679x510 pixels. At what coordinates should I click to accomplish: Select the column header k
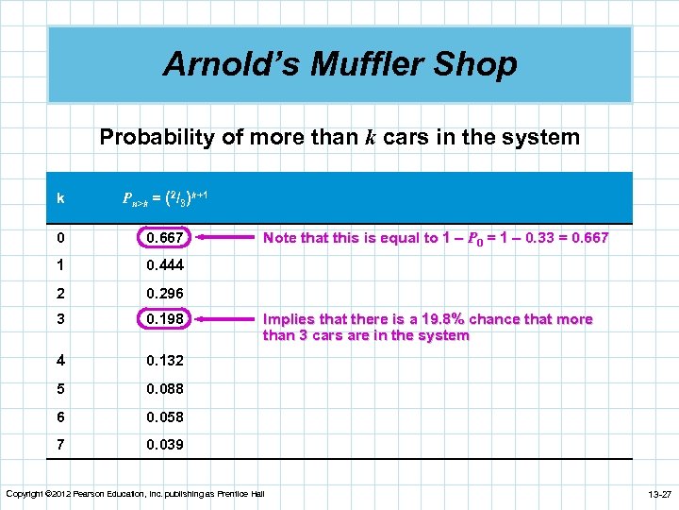pyautogui.click(x=60, y=198)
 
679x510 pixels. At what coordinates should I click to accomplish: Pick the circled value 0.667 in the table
pyautogui.click(x=165, y=238)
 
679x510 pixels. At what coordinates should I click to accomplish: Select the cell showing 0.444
pyautogui.click(x=165, y=265)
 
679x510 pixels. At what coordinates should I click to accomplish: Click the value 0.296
pyautogui.click(x=165, y=293)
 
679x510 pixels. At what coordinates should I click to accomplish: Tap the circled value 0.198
pyautogui.click(x=165, y=319)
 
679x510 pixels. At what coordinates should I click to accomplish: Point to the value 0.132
pyautogui.click(x=165, y=361)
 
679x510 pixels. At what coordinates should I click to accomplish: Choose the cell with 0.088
pyautogui.click(x=165, y=388)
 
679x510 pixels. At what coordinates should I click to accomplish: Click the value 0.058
pyautogui.click(x=165, y=416)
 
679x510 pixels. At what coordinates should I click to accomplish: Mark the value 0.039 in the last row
pyautogui.click(x=165, y=444)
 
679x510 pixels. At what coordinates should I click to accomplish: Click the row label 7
pyautogui.click(x=60, y=444)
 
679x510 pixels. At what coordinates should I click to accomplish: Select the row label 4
pyautogui.click(x=60, y=361)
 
